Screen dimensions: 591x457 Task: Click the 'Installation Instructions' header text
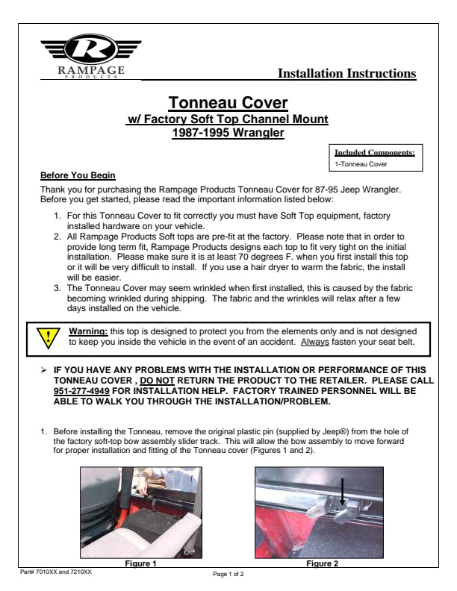(346, 73)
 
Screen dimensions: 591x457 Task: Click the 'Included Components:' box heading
(375, 153)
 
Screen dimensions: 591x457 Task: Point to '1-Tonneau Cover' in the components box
(355, 163)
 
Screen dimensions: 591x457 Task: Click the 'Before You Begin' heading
(78, 176)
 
